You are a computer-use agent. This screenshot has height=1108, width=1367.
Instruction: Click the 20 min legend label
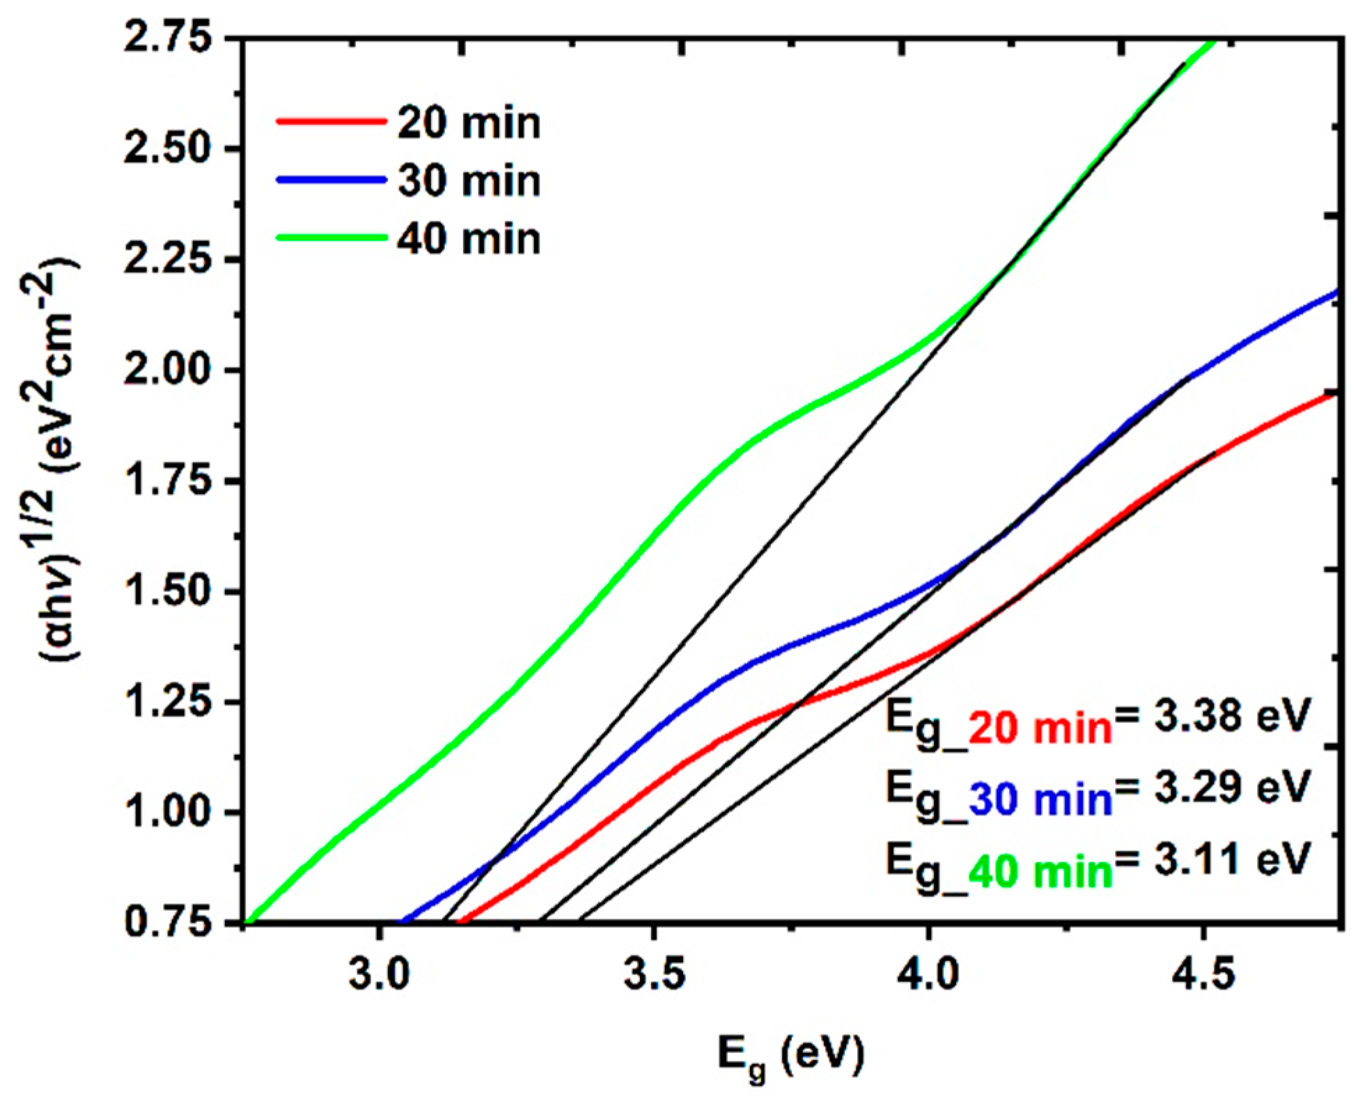pyautogui.click(x=469, y=123)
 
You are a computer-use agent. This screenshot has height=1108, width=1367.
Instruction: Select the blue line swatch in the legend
pyautogui.click(x=331, y=180)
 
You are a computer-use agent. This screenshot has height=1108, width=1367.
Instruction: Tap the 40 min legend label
pyautogui.click(x=469, y=239)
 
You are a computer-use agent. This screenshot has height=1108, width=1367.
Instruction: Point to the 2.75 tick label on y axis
pyautogui.click(x=167, y=38)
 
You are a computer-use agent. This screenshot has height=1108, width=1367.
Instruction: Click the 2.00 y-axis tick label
pyautogui.click(x=167, y=370)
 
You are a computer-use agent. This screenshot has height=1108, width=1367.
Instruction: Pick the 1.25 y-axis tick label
pyautogui.click(x=167, y=702)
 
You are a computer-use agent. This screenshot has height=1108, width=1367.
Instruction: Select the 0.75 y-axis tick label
pyautogui.click(x=167, y=923)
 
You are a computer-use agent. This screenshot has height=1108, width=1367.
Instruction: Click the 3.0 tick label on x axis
pyautogui.click(x=380, y=974)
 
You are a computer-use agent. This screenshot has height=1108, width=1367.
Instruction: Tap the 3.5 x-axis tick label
pyautogui.click(x=654, y=974)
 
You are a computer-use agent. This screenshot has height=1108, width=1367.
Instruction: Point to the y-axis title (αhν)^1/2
pyautogui.click(x=60, y=460)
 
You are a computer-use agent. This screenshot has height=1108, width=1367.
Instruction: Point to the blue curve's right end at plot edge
pyautogui.click(x=1334, y=293)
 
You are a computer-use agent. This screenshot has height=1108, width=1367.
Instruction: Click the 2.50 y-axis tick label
pyautogui.click(x=167, y=148)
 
